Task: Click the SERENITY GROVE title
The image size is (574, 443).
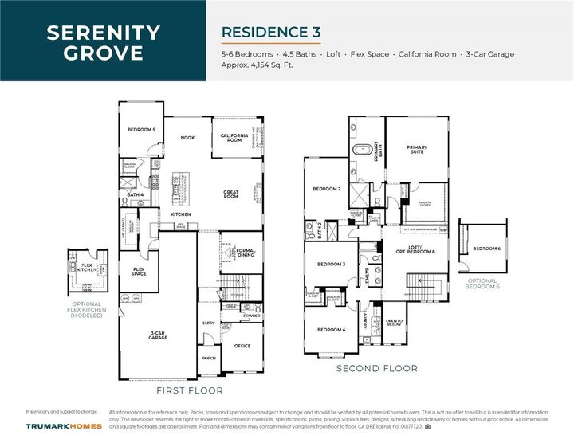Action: pyautogui.click(x=103, y=44)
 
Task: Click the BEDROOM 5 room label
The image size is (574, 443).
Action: pyautogui.click(x=141, y=129)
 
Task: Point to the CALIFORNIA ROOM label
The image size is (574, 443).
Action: pyautogui.click(x=236, y=138)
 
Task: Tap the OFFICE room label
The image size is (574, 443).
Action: pyautogui.click(x=242, y=346)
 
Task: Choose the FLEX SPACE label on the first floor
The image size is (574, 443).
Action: pyautogui.click(x=139, y=272)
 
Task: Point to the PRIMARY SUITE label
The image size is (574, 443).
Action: pyautogui.click(x=416, y=149)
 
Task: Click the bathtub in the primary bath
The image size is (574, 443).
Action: pyautogui.click(x=361, y=149)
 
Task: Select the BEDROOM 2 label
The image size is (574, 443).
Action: pyautogui.click(x=327, y=189)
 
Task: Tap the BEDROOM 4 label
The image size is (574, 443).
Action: pyautogui.click(x=331, y=330)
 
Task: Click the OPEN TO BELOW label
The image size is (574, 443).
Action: pyautogui.click(x=394, y=323)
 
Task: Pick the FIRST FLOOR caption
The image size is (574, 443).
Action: pyautogui.click(x=190, y=390)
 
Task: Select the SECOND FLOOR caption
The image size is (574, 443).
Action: pyautogui.click(x=376, y=368)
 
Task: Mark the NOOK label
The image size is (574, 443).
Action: pyautogui.click(x=187, y=138)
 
